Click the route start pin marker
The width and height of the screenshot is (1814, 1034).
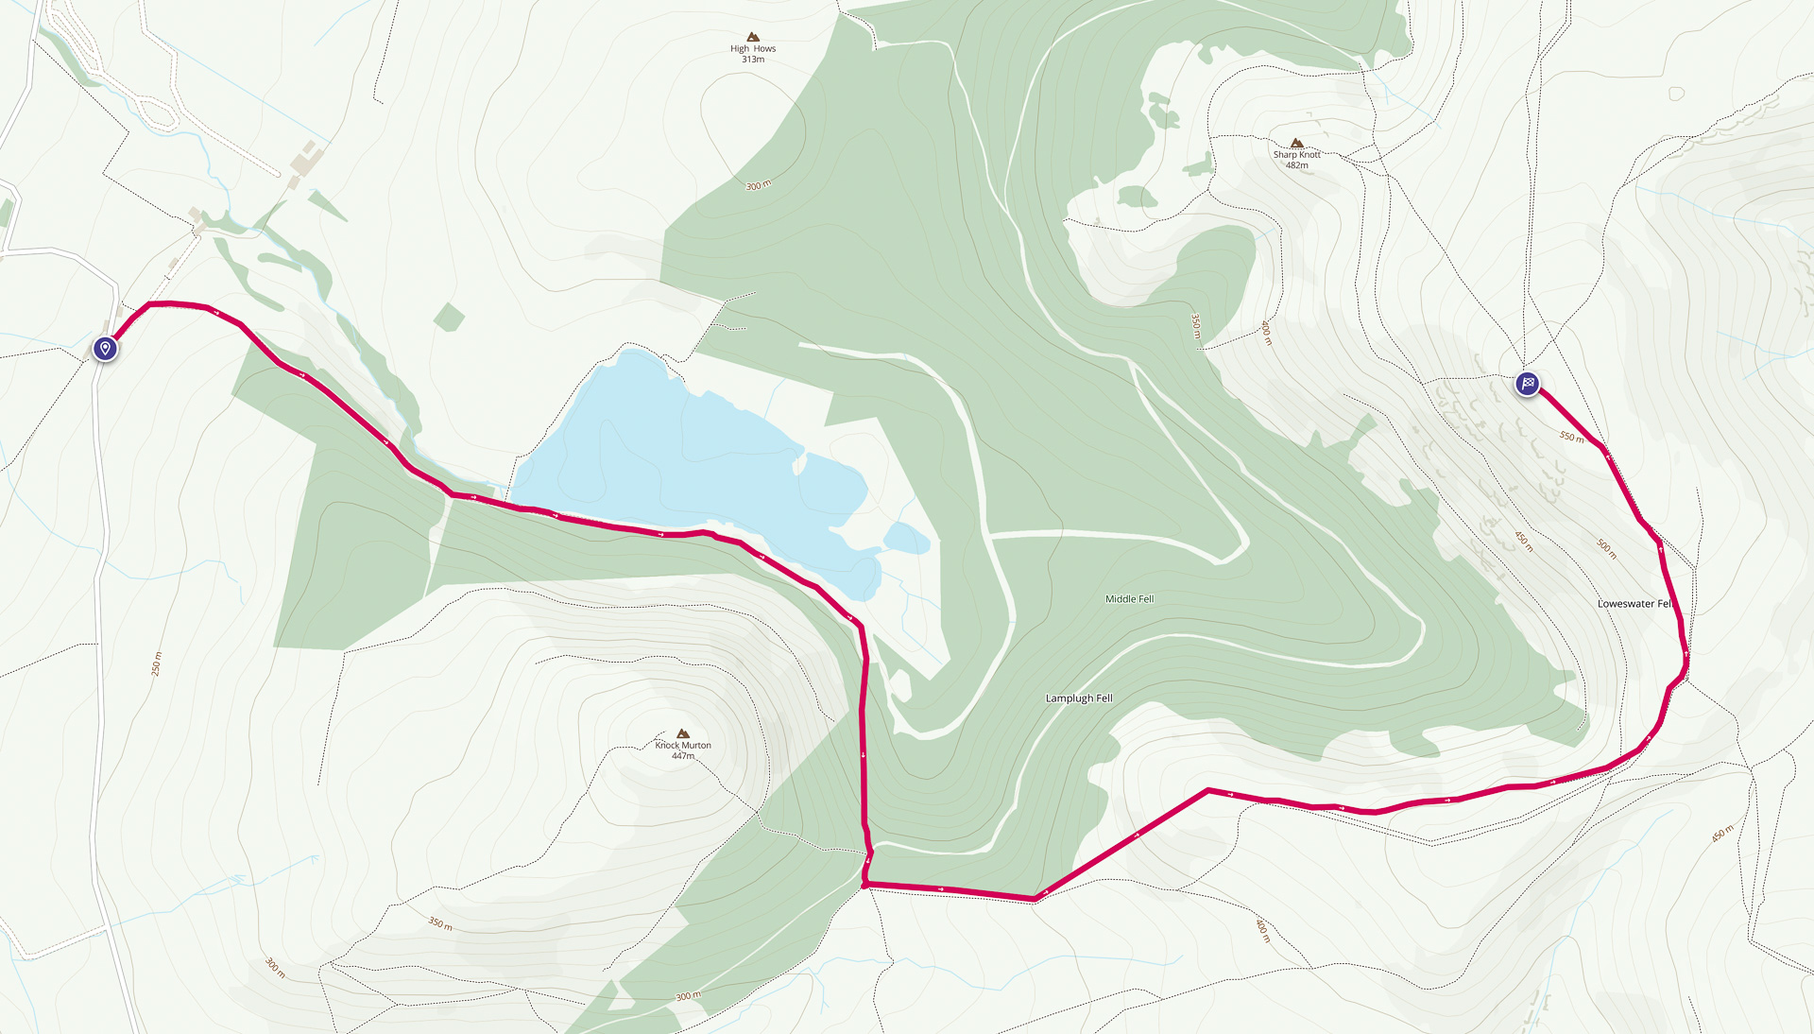click(105, 349)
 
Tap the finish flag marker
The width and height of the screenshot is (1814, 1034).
click(1527, 384)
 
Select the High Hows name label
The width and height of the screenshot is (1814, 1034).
click(752, 48)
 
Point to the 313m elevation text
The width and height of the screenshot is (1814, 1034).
click(752, 60)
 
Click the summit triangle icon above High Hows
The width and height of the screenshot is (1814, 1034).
click(753, 37)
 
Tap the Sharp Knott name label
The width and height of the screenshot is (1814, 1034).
click(1296, 154)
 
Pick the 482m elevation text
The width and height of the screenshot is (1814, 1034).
click(1296, 165)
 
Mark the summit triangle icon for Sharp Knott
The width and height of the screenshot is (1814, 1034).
click(1296, 143)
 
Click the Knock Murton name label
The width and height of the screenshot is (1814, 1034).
click(683, 745)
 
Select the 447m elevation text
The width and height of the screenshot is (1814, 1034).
click(683, 756)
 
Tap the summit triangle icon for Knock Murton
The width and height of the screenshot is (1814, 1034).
click(683, 733)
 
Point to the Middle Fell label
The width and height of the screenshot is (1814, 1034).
click(1129, 598)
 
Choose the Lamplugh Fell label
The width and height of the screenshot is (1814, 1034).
click(1079, 698)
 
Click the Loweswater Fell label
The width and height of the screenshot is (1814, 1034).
click(1634, 603)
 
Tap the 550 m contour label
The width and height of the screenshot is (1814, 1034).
click(1571, 437)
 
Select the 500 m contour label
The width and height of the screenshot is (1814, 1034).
click(1606, 548)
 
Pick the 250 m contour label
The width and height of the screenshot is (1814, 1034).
click(157, 663)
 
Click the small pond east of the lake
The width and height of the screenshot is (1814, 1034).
click(906, 539)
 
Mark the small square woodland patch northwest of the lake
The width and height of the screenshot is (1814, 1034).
click(449, 318)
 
